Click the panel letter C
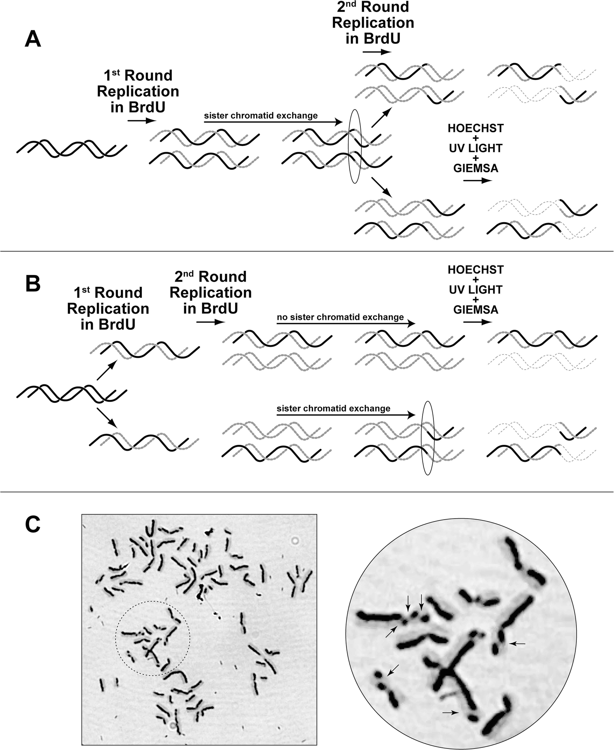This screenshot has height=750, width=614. (x=32, y=525)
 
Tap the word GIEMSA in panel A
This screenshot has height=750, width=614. (x=475, y=168)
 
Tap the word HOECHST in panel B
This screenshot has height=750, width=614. (x=475, y=270)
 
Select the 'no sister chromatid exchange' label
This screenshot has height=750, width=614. (x=340, y=317)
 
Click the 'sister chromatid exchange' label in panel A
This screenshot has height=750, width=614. (x=261, y=116)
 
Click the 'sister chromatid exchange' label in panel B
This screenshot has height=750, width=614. (x=333, y=408)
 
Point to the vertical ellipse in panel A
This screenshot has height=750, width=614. (x=355, y=146)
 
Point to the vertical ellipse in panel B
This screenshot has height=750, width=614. (x=428, y=438)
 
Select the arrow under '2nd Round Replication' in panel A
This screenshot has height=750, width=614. (x=376, y=52)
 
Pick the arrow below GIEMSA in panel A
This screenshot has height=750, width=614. (x=477, y=181)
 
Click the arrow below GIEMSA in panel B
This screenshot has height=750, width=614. (x=477, y=322)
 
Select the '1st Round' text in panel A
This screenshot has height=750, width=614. (x=138, y=76)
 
